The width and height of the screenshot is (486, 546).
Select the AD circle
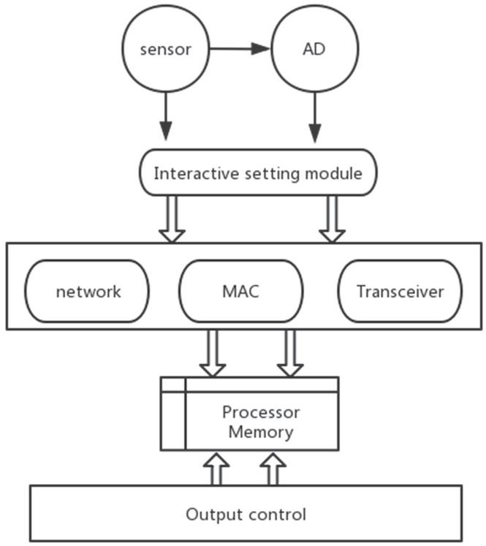point(316,50)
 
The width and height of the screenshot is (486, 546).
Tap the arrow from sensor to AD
point(240,49)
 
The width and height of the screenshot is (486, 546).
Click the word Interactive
point(191,173)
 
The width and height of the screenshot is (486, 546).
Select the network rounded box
point(88,291)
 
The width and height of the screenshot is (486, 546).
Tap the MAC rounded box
point(241,291)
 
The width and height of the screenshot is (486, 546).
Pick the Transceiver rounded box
point(400,291)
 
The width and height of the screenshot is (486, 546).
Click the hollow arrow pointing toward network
point(172,219)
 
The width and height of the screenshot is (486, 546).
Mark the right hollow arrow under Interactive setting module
point(333,219)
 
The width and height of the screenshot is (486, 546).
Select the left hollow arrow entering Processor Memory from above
point(213,352)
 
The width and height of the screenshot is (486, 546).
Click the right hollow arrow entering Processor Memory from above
point(290,352)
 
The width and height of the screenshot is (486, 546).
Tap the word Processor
point(261,413)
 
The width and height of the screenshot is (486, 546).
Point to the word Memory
point(261,432)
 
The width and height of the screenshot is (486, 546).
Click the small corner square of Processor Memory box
point(173,384)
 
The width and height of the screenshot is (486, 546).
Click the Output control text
point(246,514)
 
